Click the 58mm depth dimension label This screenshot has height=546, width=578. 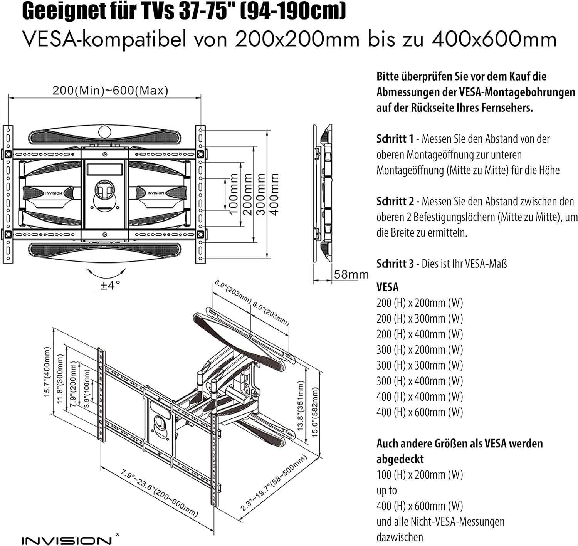(x=351, y=274)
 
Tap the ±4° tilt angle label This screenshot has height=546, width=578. (x=110, y=286)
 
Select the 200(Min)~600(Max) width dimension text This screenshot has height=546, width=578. (x=110, y=91)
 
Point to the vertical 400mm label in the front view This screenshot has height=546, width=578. (x=274, y=194)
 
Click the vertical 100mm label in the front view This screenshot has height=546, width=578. (x=234, y=194)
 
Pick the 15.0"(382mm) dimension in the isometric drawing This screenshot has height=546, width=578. (x=315, y=412)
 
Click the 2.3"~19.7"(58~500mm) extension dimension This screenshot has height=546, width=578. (x=274, y=483)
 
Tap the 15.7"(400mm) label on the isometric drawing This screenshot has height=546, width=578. (x=47, y=372)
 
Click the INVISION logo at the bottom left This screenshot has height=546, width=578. (x=67, y=541)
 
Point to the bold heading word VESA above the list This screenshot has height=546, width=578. (x=387, y=287)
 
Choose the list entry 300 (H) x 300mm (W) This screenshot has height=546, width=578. (x=420, y=365)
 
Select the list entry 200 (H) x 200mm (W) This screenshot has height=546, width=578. (x=420, y=303)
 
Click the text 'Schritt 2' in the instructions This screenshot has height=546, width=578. (x=395, y=201)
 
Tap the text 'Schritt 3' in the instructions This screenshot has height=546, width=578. (x=395, y=264)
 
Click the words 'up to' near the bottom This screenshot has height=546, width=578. (x=386, y=491)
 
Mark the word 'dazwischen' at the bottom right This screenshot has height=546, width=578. (x=400, y=537)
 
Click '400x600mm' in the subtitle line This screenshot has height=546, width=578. (x=494, y=39)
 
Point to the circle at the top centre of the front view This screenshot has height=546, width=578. (x=104, y=132)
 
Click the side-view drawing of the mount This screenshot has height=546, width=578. (x=323, y=194)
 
